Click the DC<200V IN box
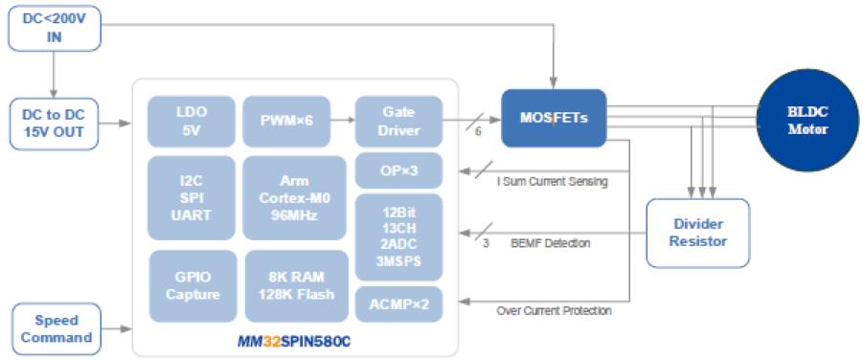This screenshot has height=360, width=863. [x=55, y=29]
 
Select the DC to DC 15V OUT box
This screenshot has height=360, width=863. [x=55, y=124]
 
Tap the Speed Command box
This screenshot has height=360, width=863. [x=57, y=328]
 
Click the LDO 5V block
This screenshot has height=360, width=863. [x=193, y=122]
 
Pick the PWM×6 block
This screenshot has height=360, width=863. [x=286, y=122]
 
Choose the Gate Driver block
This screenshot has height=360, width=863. [x=399, y=122]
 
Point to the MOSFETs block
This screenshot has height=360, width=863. [x=554, y=118]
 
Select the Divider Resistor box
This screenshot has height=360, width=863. [x=698, y=233]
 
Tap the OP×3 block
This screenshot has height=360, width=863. [x=399, y=170]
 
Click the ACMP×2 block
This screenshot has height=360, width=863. [x=399, y=304]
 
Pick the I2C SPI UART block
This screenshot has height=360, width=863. [x=192, y=197]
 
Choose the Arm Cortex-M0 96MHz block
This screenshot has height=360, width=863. [x=294, y=197]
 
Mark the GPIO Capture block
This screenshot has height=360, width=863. [x=193, y=285]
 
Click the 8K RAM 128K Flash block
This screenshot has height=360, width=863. [x=297, y=285]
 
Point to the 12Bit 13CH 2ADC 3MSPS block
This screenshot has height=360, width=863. [x=399, y=237]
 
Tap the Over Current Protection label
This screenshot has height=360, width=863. [x=554, y=311]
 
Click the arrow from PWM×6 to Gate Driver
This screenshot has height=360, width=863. [x=342, y=120]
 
